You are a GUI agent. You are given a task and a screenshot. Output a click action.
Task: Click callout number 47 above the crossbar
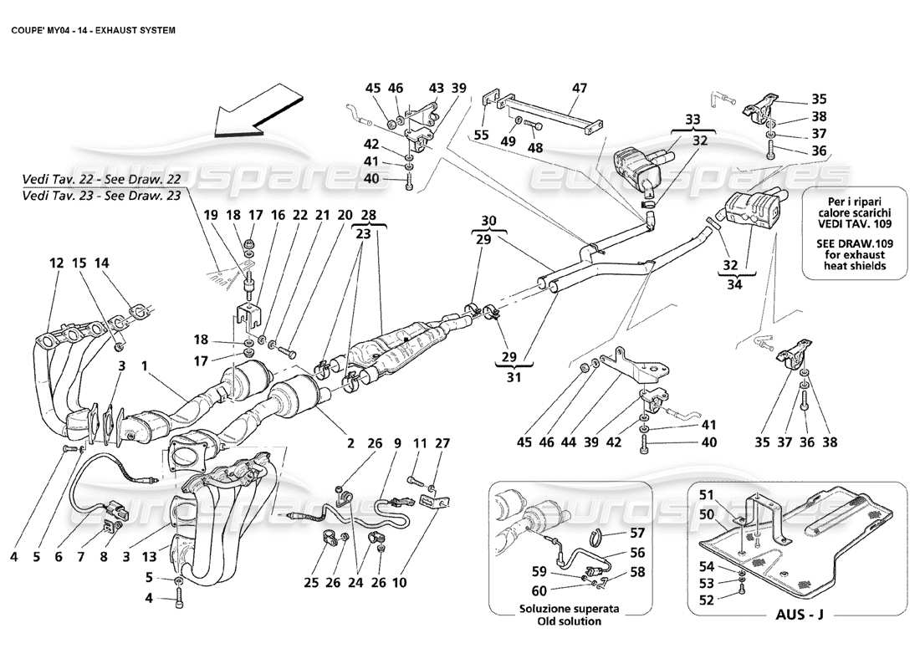click(580, 88)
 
